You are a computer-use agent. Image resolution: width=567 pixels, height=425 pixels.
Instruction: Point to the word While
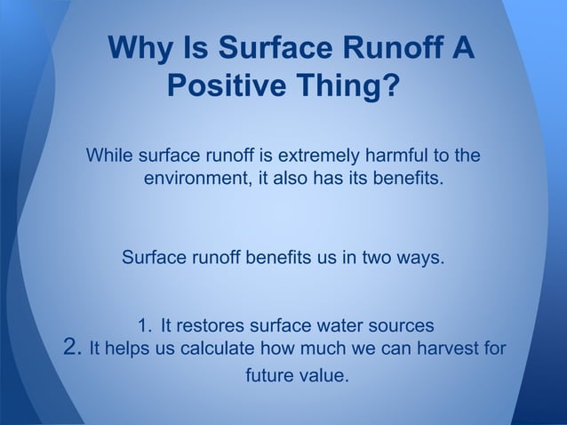[109, 156]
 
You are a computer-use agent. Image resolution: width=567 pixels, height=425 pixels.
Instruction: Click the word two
[369, 259]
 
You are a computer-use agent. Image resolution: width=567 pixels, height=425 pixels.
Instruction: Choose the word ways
[417, 259]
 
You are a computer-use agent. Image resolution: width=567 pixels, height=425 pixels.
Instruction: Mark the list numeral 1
[145, 324]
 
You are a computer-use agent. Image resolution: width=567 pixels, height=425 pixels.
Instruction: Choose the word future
[271, 375]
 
